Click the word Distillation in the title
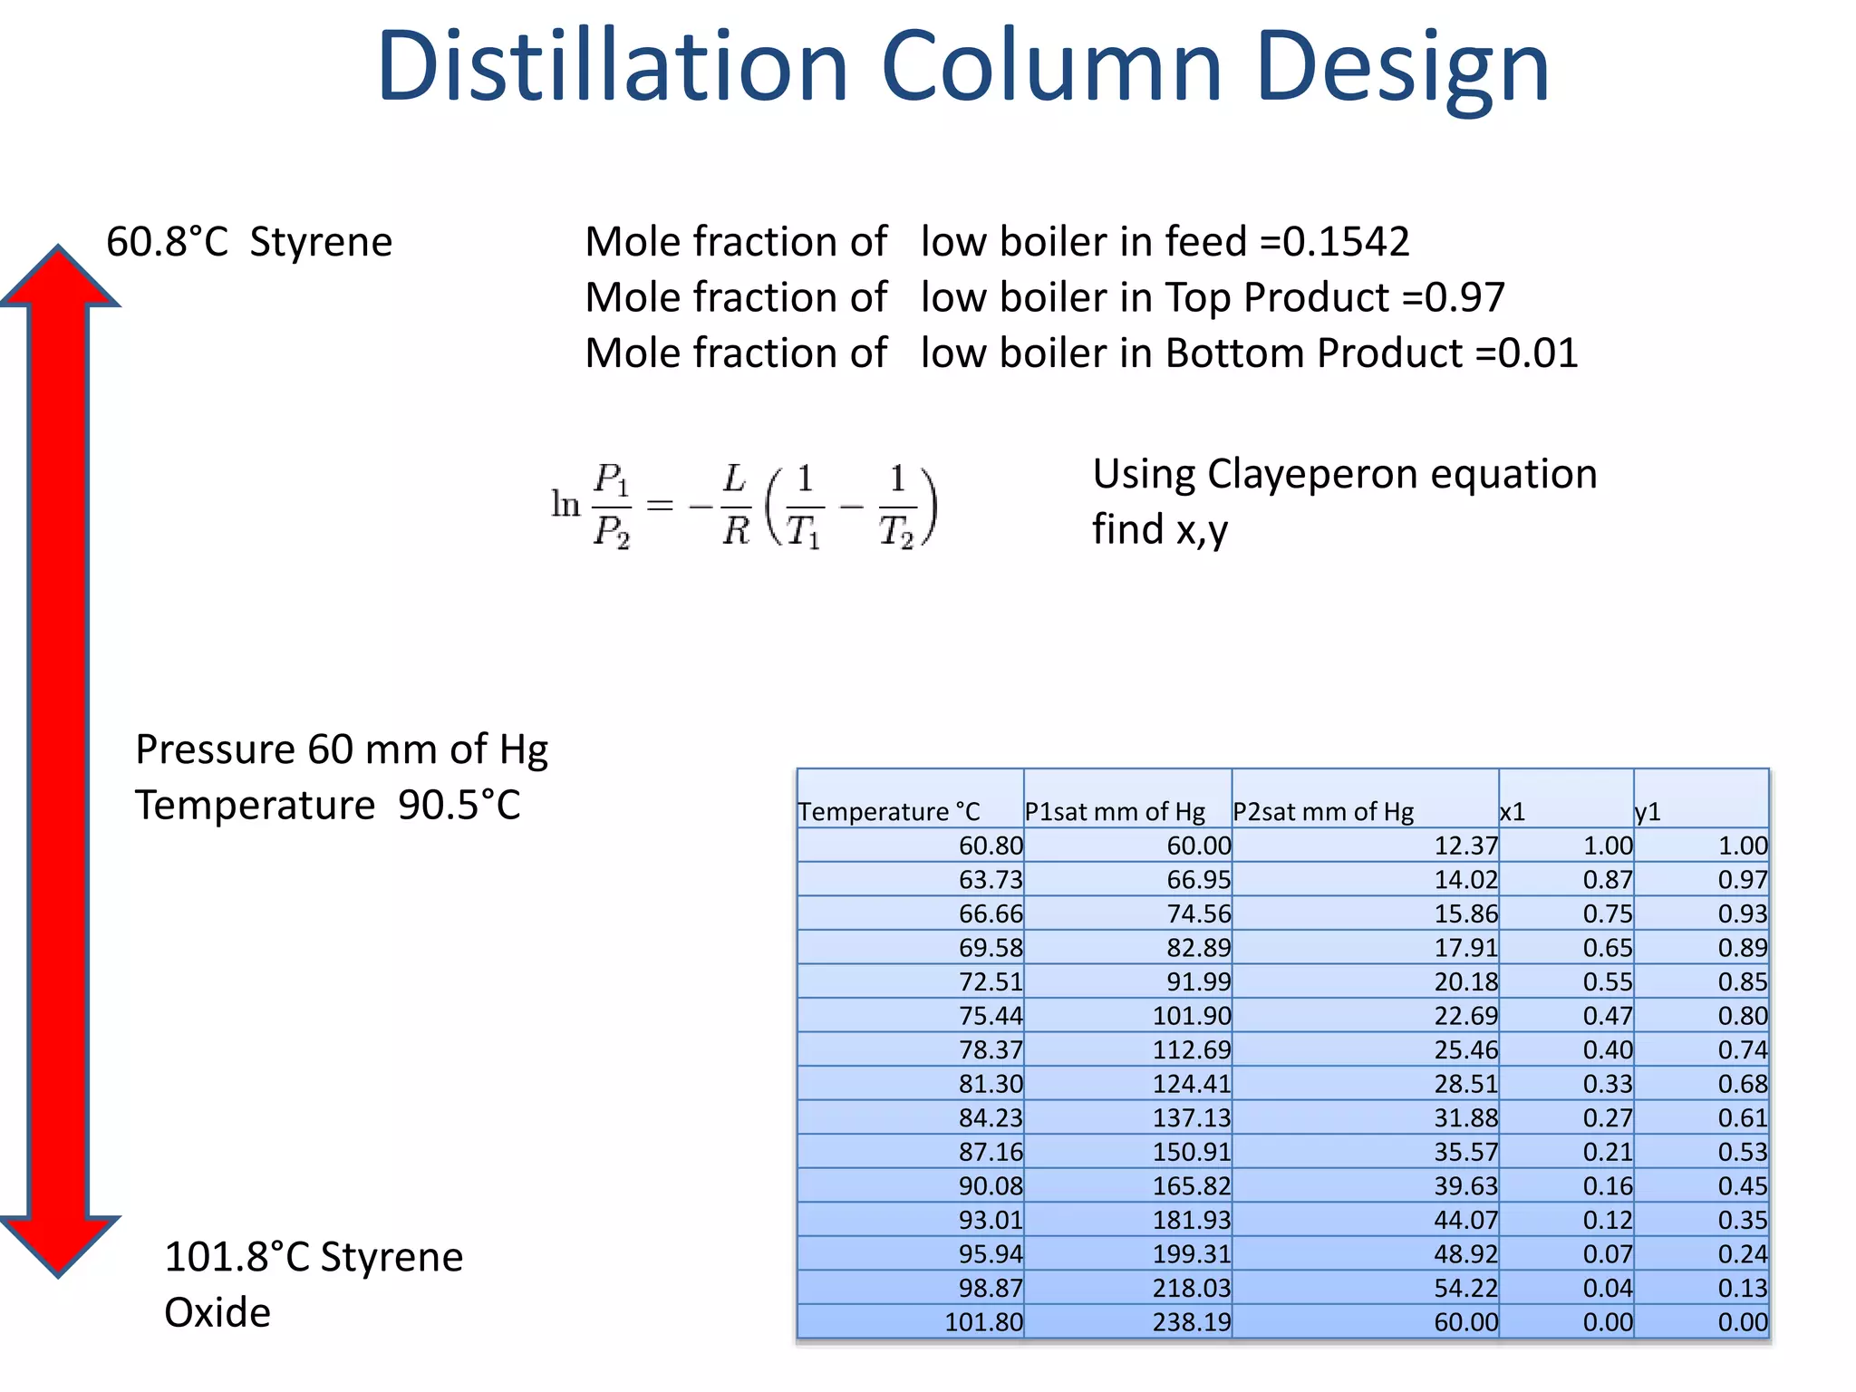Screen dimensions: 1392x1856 [612, 66]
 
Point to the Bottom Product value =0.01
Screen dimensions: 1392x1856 [1526, 353]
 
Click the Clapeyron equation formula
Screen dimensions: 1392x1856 [743, 505]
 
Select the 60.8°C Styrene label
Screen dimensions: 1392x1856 [249, 242]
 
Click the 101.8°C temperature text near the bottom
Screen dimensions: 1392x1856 [237, 1257]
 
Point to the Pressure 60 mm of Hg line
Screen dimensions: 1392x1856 [342, 749]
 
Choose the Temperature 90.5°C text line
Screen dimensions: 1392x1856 [328, 805]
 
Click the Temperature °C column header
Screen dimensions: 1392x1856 [889, 811]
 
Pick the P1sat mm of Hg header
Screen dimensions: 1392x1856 [1115, 811]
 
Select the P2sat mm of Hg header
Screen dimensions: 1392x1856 [1323, 811]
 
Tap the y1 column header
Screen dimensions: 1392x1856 [1648, 811]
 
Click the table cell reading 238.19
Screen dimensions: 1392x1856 [1191, 1322]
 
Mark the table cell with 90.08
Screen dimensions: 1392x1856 [991, 1186]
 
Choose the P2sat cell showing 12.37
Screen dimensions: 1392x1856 [1465, 846]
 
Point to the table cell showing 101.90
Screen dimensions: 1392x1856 [1191, 1016]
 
